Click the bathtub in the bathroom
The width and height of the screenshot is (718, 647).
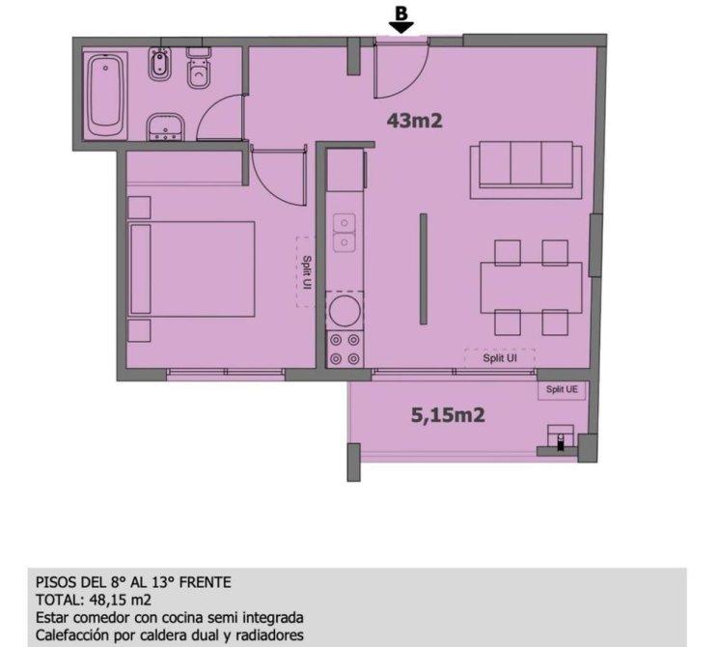click(105, 96)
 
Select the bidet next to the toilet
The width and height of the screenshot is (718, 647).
click(159, 64)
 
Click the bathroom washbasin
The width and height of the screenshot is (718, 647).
click(165, 127)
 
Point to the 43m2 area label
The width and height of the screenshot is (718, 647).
click(414, 121)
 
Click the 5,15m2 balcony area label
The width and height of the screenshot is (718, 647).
click(448, 415)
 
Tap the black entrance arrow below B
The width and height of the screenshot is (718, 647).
click(401, 27)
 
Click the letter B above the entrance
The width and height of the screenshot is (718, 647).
click(401, 14)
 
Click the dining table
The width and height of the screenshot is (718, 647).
click(531, 288)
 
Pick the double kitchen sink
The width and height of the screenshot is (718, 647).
click(344, 233)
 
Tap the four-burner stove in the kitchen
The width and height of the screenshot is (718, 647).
click(345, 349)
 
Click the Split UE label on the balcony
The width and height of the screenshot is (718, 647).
click(562, 389)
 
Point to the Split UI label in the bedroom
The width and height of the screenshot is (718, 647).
click(307, 272)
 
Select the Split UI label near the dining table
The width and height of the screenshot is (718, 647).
click(500, 358)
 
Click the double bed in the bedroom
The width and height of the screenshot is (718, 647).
click(191, 269)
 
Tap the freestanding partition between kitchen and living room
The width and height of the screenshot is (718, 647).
click(424, 269)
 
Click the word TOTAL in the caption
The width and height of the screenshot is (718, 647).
click(54, 600)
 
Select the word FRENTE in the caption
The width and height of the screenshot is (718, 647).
click(206, 582)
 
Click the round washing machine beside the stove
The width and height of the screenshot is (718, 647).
click(345, 310)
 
